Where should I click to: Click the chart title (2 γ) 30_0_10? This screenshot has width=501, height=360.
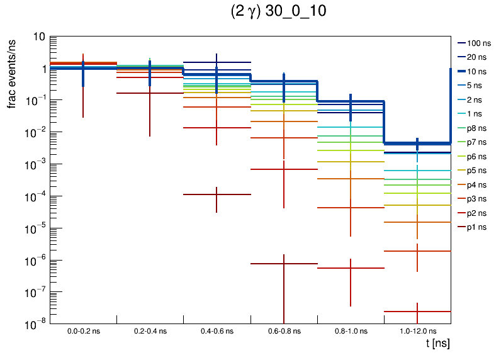pos(277,13)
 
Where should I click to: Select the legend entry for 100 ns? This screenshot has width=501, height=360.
pos(478,43)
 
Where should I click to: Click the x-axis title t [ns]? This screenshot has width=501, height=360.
pos(437,344)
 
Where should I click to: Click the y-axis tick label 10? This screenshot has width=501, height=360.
pos(38,37)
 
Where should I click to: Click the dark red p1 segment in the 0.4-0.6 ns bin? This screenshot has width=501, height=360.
pos(201,194)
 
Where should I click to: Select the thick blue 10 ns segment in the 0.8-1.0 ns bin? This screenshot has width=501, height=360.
pos(365,101)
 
